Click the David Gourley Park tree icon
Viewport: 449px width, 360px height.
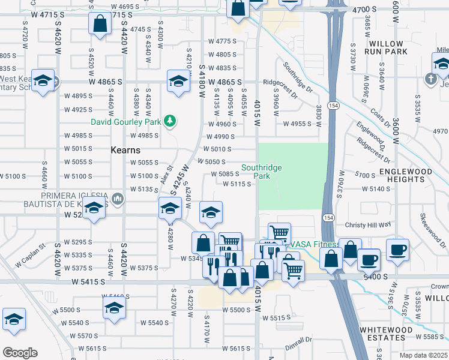tap(170, 121)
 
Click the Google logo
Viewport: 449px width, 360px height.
tap(20, 352)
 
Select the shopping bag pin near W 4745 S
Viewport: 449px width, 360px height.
tap(100, 24)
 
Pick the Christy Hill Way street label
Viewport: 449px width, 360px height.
tap(368, 224)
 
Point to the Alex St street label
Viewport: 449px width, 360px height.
tap(166, 177)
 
